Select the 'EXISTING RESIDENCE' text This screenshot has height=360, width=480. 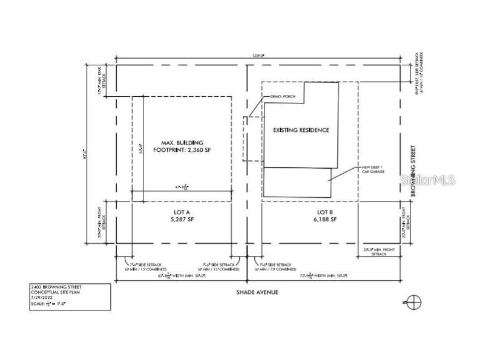(301, 130)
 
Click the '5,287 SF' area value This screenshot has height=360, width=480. (182, 220)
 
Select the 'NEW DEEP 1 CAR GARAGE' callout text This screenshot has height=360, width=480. (373, 169)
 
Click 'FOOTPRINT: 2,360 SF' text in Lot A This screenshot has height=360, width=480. (182, 149)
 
